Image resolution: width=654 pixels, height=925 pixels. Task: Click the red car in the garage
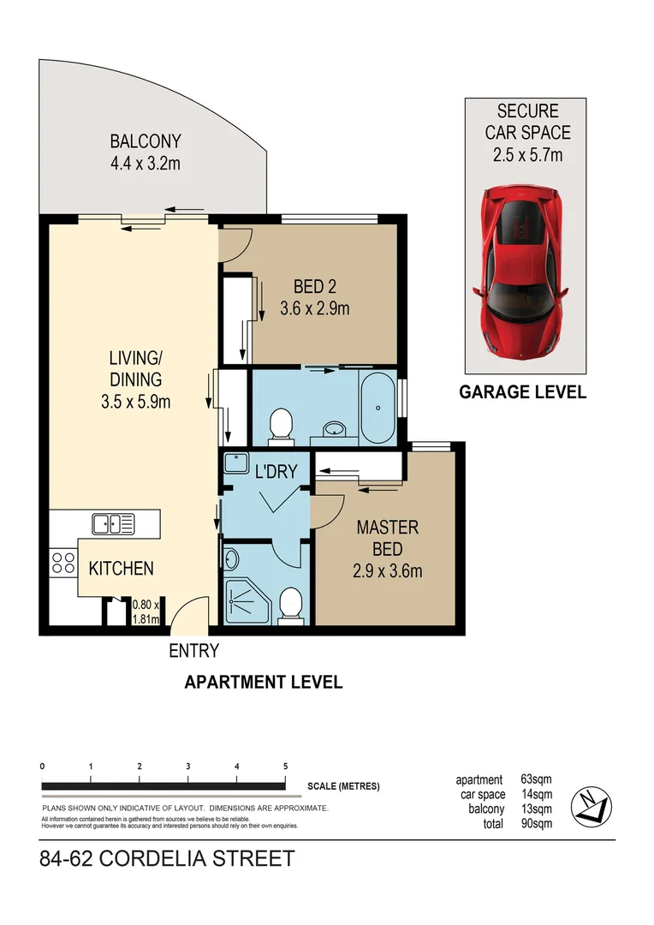click(521, 271)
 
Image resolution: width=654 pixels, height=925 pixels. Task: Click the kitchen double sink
click(113, 523)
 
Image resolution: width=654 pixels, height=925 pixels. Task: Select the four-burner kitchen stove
click(63, 563)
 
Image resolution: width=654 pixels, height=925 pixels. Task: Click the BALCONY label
click(145, 141)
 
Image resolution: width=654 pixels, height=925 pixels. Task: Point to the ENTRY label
click(193, 651)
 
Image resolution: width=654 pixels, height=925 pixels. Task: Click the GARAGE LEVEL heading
click(522, 392)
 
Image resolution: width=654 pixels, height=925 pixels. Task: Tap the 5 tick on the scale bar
click(285, 767)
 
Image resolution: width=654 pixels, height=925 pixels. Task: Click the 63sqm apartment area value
click(536, 780)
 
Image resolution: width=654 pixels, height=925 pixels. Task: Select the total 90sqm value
click(536, 823)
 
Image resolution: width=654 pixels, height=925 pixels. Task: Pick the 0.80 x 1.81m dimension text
click(146, 612)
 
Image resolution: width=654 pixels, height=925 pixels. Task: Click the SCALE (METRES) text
click(342, 786)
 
